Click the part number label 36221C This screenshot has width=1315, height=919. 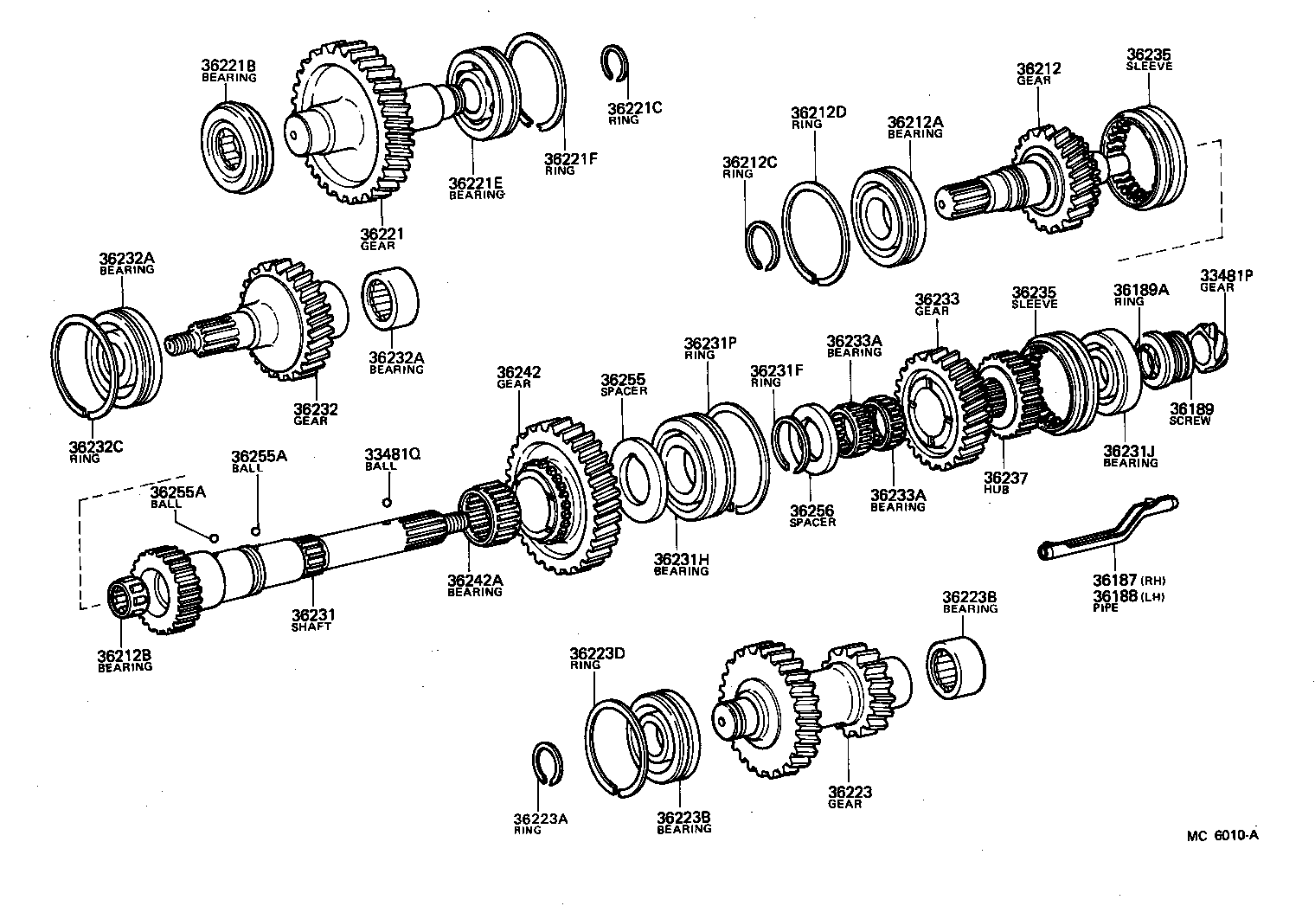(634, 108)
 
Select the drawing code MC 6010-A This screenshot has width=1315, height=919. (1222, 836)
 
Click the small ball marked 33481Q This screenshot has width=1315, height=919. (386, 503)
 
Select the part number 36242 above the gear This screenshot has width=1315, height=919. (518, 373)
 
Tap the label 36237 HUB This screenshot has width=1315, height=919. (1005, 482)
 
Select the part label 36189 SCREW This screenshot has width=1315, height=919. (1191, 414)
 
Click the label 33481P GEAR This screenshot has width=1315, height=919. (1226, 280)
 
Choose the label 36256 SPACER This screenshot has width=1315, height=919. (812, 516)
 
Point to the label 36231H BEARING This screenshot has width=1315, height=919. (681, 564)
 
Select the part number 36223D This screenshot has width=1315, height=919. (596, 659)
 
